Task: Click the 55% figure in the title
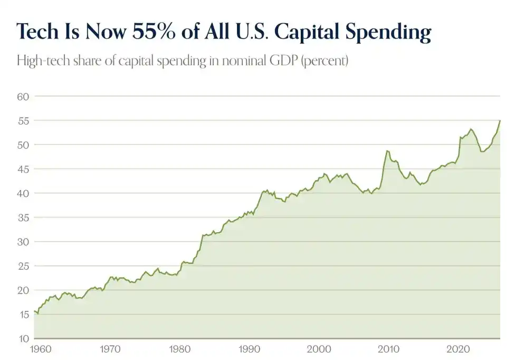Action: [154, 32]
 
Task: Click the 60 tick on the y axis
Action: [23, 97]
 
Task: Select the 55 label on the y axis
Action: [23, 121]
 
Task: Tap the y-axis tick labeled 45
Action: [23, 169]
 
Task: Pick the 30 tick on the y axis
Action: [23, 242]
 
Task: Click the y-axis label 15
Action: [24, 315]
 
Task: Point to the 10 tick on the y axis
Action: [24, 339]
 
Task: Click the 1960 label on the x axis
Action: [41, 349]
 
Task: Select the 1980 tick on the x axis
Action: [179, 349]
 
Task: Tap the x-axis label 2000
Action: [319, 349]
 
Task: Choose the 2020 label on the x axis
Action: [458, 349]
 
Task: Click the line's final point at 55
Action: [500, 120]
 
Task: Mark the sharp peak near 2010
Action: [387, 151]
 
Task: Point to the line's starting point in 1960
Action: [34, 311]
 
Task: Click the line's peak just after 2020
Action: [471, 129]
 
